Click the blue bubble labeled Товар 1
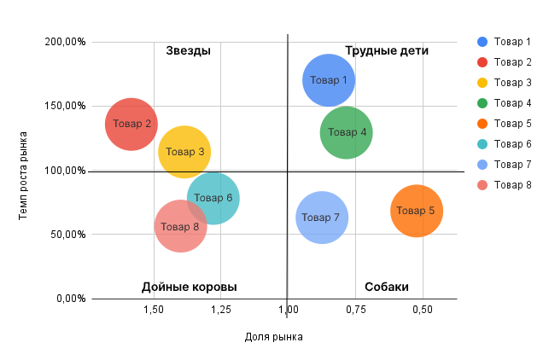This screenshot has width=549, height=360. pyautogui.click(x=329, y=80)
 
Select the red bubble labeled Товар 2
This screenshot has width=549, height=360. pyautogui.click(x=131, y=124)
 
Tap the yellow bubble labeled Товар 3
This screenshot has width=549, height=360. pyautogui.click(x=184, y=152)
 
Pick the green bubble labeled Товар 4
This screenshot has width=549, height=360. pyautogui.click(x=347, y=132)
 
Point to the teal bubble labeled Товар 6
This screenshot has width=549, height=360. pyautogui.click(x=213, y=198)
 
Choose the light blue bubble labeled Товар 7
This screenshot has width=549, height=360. pyautogui.click(x=322, y=218)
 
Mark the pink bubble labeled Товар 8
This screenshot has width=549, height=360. pyautogui.click(x=180, y=227)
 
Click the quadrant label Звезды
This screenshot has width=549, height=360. pyautogui.click(x=188, y=50)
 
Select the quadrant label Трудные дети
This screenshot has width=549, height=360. pyautogui.click(x=387, y=50)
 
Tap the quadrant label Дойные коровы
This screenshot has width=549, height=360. pyautogui.click(x=190, y=287)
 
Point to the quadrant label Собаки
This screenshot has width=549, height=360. pyautogui.click(x=387, y=287)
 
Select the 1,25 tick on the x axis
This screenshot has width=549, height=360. pyautogui.click(x=220, y=309)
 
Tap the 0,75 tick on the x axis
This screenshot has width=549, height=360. pyautogui.click(x=355, y=309)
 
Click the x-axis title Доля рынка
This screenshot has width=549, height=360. pyautogui.click(x=273, y=337)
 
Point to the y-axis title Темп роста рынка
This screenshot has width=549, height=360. pyautogui.click(x=25, y=175)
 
